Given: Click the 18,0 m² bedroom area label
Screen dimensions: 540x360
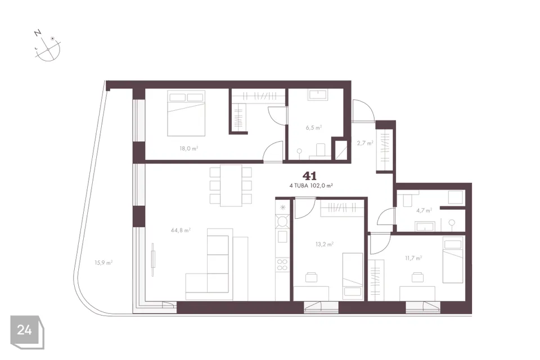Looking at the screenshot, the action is (188, 148).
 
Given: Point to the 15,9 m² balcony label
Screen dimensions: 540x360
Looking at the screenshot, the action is (103, 263).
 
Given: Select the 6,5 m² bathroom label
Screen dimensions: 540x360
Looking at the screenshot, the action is (313, 128).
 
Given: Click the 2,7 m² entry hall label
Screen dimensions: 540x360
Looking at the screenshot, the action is (365, 143).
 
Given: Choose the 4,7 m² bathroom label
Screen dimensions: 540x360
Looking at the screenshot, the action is (424, 210).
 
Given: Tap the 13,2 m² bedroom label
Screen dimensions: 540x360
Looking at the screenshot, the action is (325, 244).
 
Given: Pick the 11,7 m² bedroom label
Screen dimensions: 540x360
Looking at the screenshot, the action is (413, 258).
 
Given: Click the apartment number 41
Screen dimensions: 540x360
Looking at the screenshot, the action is (309, 176).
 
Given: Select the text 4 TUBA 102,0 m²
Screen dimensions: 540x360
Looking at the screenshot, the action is (311, 185).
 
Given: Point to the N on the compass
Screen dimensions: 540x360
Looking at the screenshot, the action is (38, 33).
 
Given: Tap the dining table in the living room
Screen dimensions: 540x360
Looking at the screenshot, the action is (231, 186).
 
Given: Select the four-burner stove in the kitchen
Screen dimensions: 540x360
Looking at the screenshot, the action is (282, 264).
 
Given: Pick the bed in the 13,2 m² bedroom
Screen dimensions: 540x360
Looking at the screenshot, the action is (353, 275).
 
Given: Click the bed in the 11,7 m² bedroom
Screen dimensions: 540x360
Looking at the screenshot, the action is (452, 260).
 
